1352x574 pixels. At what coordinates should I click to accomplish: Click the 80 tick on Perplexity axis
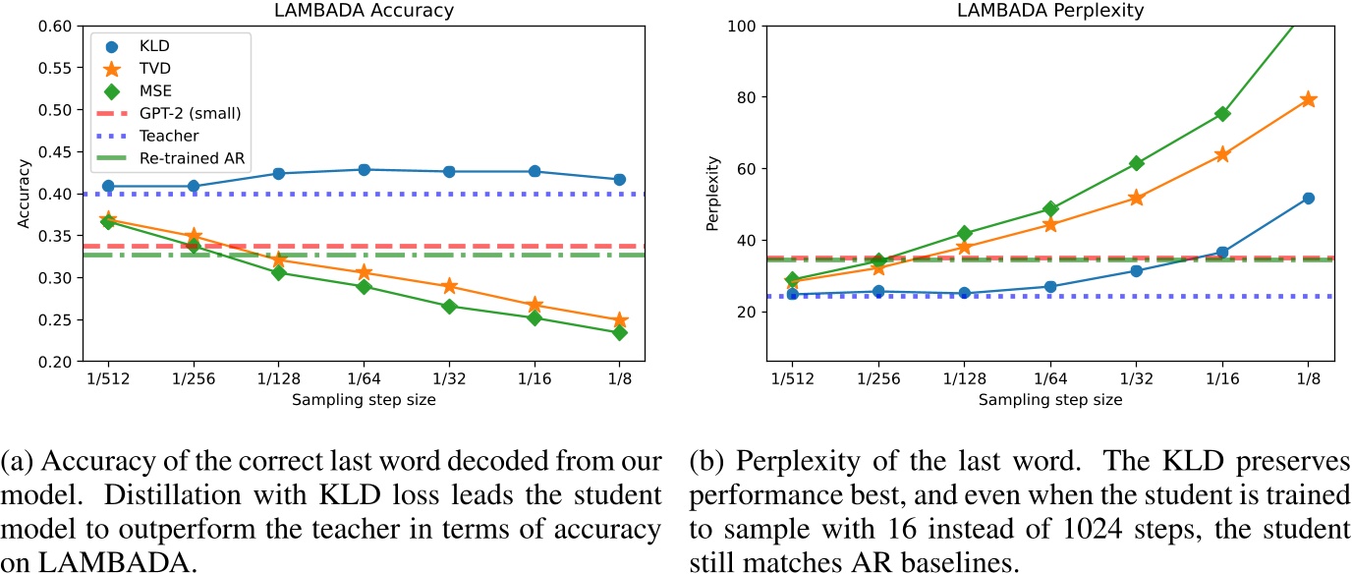(x=745, y=97)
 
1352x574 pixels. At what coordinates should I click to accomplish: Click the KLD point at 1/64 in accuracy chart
(x=364, y=170)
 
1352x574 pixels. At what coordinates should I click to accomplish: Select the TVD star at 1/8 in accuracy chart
(x=620, y=320)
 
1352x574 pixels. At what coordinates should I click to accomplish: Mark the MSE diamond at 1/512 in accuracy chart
(x=107, y=222)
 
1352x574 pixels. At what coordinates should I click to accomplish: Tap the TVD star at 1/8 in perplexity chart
(x=1308, y=99)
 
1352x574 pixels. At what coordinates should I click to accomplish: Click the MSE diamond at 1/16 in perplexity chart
(x=1222, y=114)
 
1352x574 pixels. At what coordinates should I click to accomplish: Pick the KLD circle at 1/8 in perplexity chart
(x=1308, y=199)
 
